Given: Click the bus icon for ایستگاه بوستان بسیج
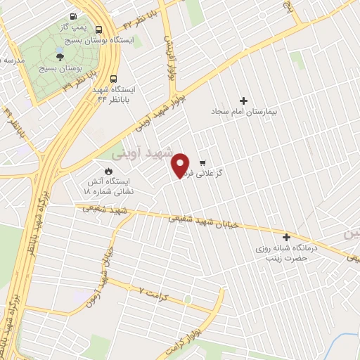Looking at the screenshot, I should coord(98,30).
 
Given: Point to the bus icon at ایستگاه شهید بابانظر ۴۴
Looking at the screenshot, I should coord(114,79).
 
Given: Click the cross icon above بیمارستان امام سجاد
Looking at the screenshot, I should coord(244,101).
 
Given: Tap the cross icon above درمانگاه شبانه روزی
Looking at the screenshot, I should coord(286,237).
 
